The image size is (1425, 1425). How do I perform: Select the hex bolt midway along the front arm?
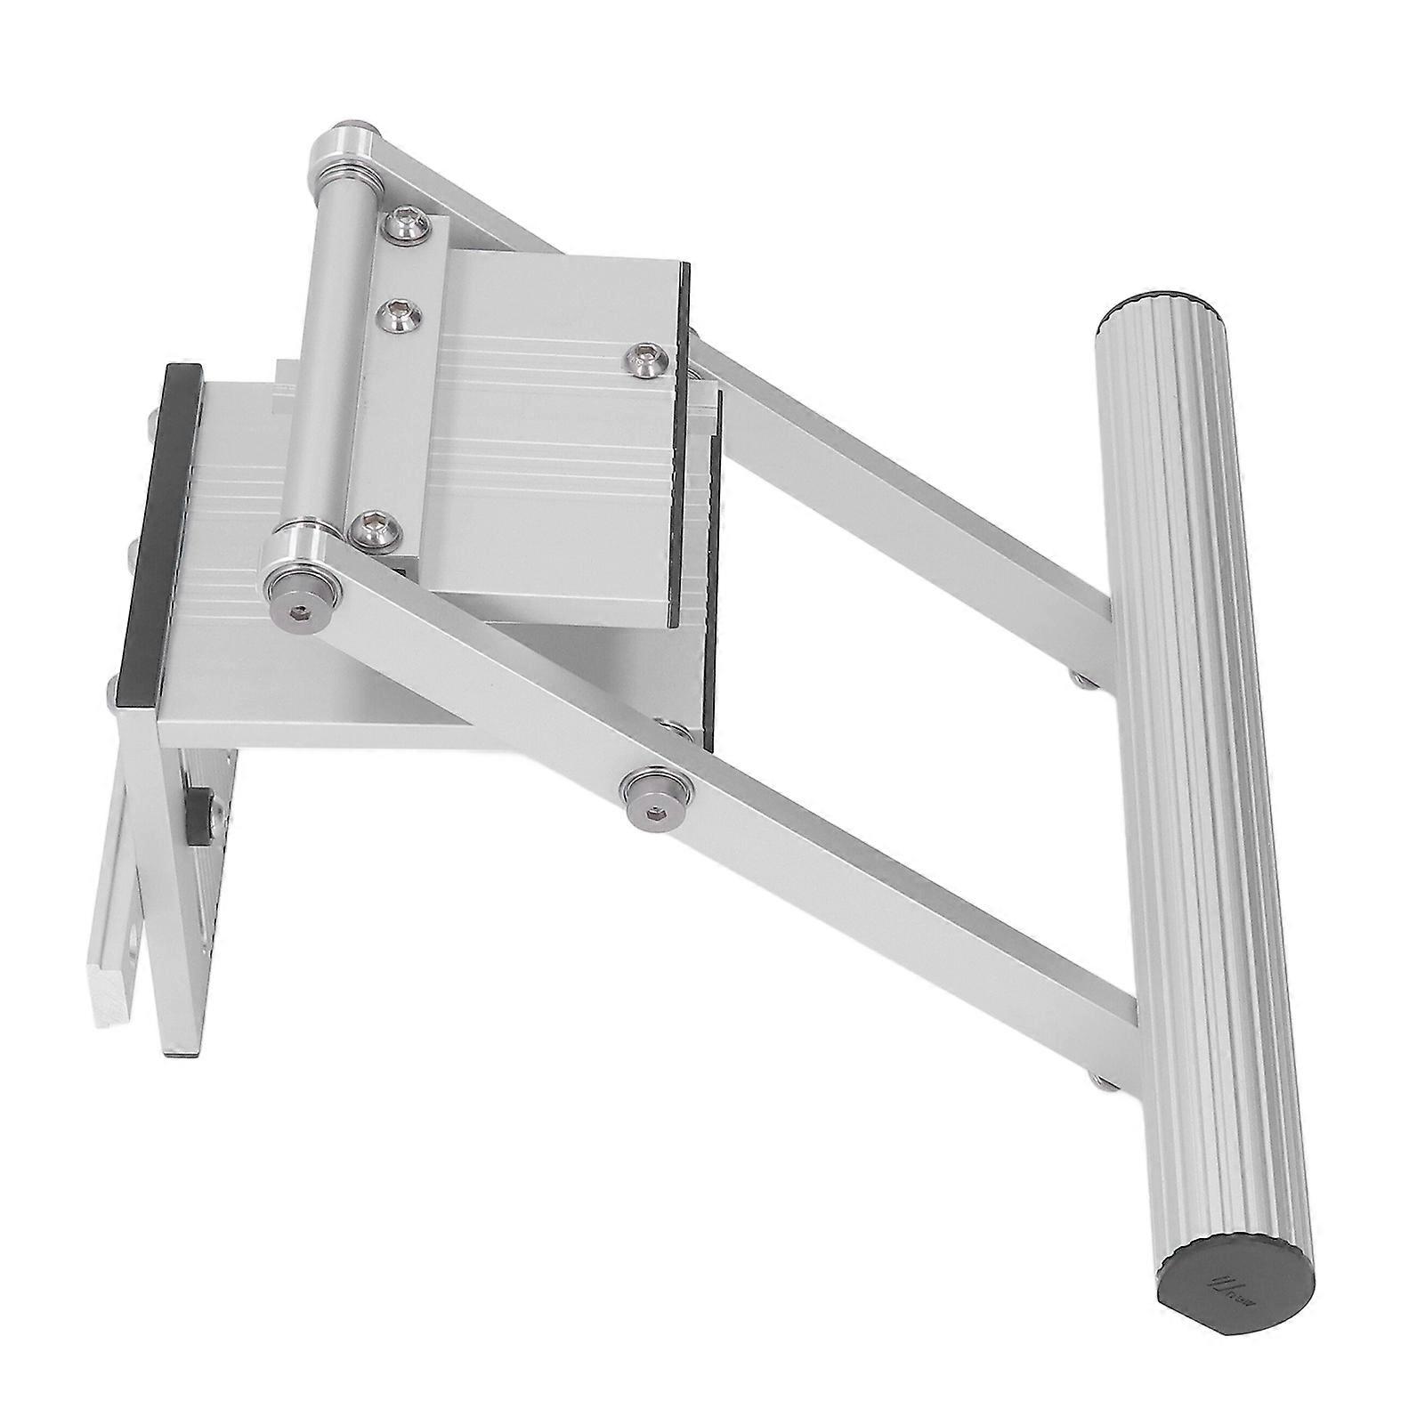click(654, 793)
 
